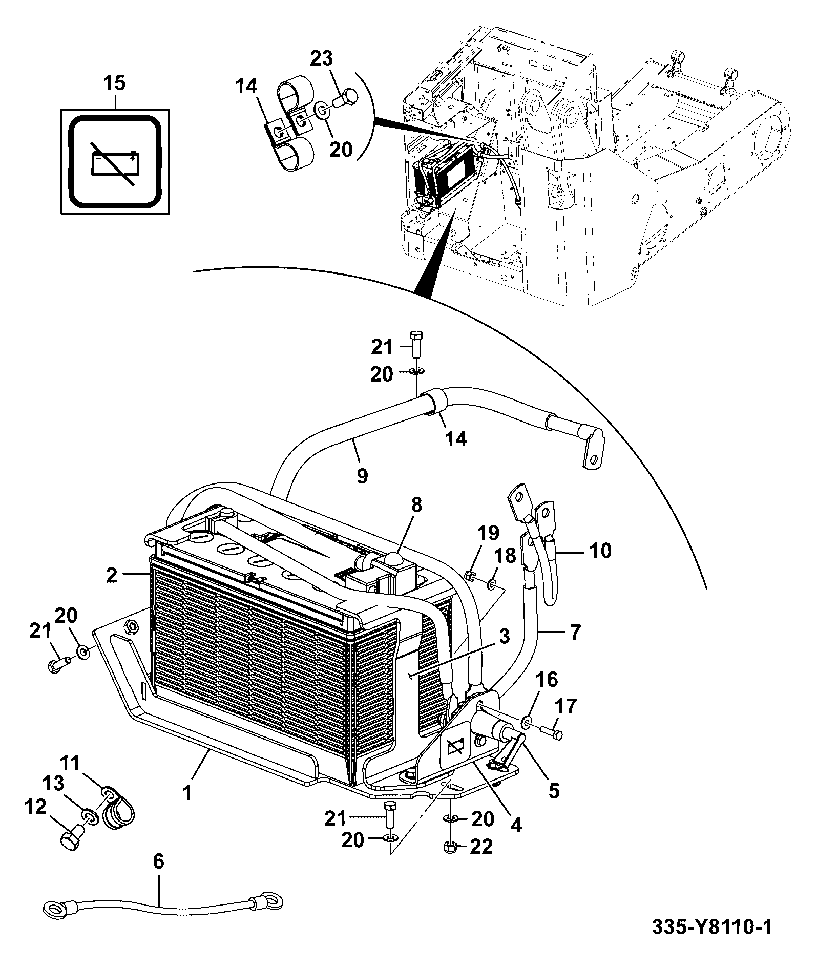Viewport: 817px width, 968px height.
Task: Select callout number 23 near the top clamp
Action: [x=322, y=58]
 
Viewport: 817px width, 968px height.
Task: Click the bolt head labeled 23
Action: [x=348, y=97]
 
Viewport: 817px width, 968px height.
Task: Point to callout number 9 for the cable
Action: [x=362, y=476]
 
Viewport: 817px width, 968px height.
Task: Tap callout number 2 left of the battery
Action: [x=112, y=575]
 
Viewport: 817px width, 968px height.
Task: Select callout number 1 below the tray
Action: [x=187, y=808]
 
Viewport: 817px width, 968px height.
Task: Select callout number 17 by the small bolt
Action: [x=565, y=707]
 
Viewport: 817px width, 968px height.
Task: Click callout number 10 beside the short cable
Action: [x=600, y=551]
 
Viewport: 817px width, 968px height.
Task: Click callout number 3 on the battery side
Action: [x=504, y=637]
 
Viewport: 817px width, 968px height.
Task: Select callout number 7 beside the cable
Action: [x=575, y=633]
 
